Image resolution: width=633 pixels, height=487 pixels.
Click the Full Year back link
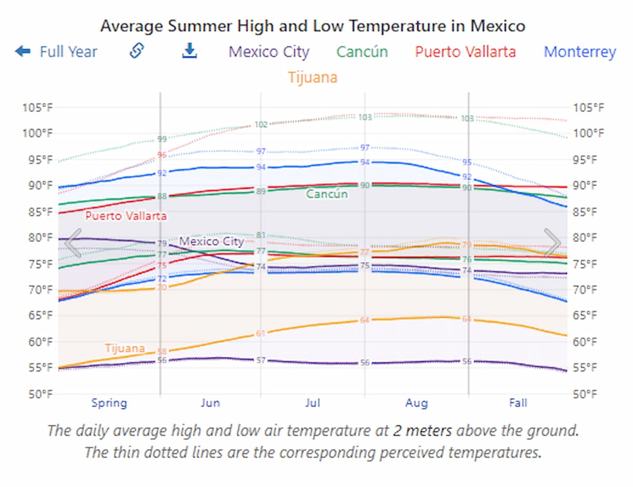[56, 52]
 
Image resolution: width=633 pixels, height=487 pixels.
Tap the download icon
[189, 51]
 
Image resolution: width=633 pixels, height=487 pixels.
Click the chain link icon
[137, 51]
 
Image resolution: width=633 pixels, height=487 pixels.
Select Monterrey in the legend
[579, 52]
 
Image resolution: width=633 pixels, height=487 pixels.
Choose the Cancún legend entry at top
[362, 52]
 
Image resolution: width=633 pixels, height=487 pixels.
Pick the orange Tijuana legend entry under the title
[312, 77]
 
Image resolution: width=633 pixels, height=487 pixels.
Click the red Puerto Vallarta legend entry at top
[465, 52]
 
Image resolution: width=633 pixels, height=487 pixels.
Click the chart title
[312, 25]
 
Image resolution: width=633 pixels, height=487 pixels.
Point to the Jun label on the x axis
[210, 403]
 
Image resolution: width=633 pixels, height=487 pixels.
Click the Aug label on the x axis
[416, 403]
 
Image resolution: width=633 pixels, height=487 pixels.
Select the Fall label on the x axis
[517, 403]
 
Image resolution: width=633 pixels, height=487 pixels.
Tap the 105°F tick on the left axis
[37, 108]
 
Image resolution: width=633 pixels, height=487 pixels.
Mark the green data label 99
[162, 139]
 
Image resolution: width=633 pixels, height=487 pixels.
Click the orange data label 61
[261, 333]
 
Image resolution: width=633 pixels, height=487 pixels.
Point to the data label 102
[261, 124]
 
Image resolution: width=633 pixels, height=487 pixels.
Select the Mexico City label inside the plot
[211, 241]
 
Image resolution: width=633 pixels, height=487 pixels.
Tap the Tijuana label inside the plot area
[124, 348]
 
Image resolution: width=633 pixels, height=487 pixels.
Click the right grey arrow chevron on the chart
[552, 243]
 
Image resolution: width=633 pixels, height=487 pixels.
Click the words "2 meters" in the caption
[422, 431]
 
